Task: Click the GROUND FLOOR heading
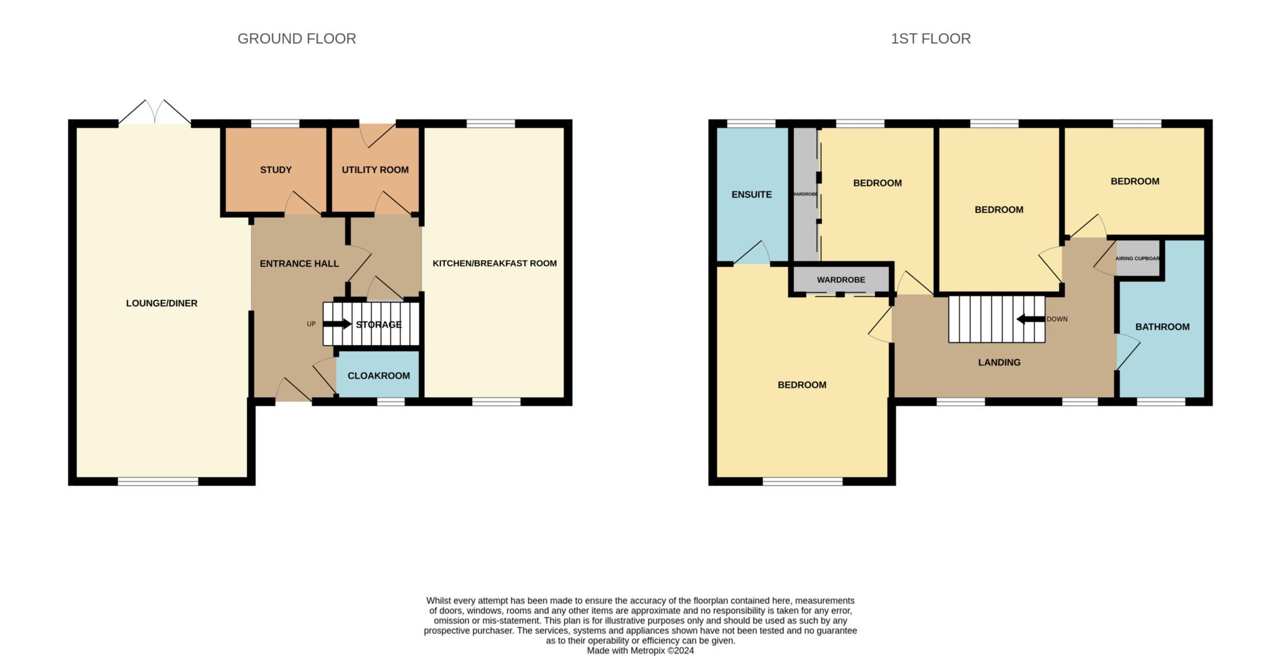[296, 39]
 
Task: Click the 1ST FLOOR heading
[931, 39]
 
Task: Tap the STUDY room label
[276, 169]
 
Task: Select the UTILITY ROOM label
[375, 169]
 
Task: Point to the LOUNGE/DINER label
[162, 303]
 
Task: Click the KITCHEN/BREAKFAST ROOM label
[495, 263]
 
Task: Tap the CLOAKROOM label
[379, 375]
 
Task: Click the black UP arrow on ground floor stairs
[337, 324]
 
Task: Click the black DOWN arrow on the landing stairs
[1031, 319]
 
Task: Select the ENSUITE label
[752, 194]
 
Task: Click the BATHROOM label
[1163, 326]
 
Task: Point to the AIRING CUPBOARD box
[1138, 258]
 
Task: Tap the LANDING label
[1000, 362]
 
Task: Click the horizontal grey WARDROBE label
[841, 280]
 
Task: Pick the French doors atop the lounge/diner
[154, 112]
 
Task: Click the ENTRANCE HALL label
[300, 263]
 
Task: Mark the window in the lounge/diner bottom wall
[158, 481]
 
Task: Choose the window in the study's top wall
[275, 123]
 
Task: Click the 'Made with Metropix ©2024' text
[640, 650]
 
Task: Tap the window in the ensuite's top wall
[751, 123]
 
